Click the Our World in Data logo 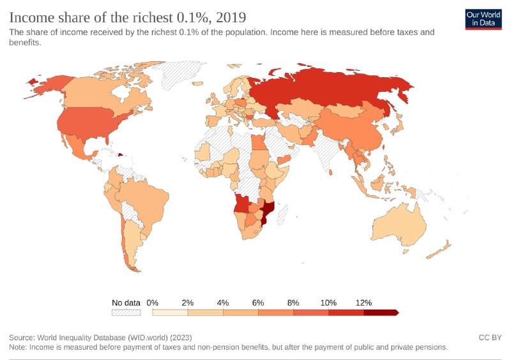483,19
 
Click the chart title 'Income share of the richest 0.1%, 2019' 128,15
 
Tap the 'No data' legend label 126,303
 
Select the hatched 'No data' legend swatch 126,313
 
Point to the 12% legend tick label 363,303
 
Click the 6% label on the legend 258,303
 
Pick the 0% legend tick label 153,303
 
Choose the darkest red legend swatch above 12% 380,313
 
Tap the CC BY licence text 489,337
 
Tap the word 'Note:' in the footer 20,347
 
